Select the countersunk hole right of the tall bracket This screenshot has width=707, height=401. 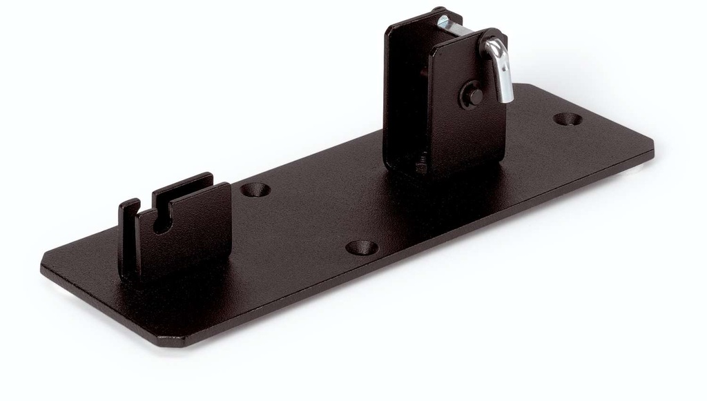(568, 119)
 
